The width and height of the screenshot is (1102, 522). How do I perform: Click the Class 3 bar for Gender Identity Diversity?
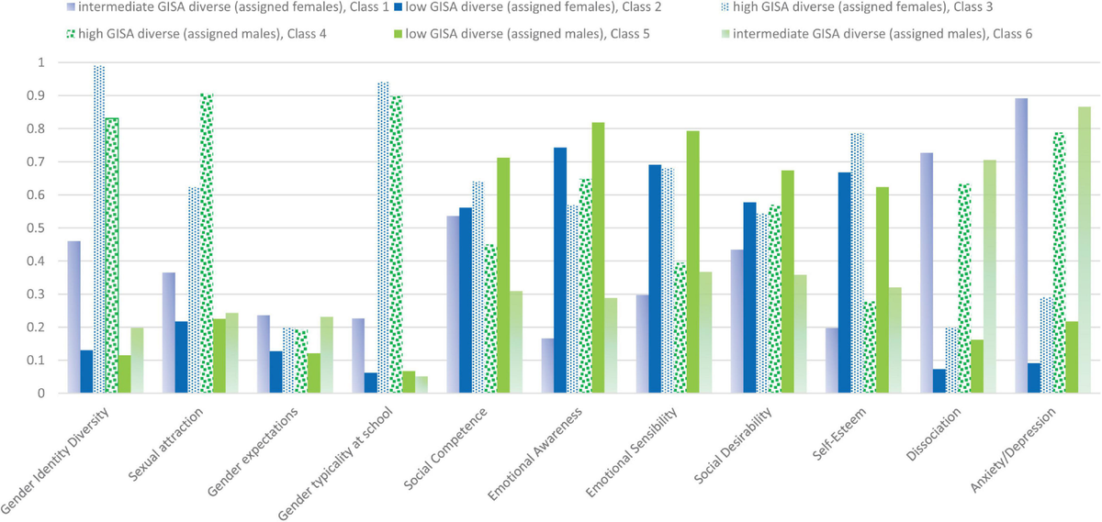99,229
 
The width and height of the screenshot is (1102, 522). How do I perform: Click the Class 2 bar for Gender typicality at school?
371,383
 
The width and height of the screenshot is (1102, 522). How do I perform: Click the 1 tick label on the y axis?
39,62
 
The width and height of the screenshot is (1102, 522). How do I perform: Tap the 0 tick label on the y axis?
39,394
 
